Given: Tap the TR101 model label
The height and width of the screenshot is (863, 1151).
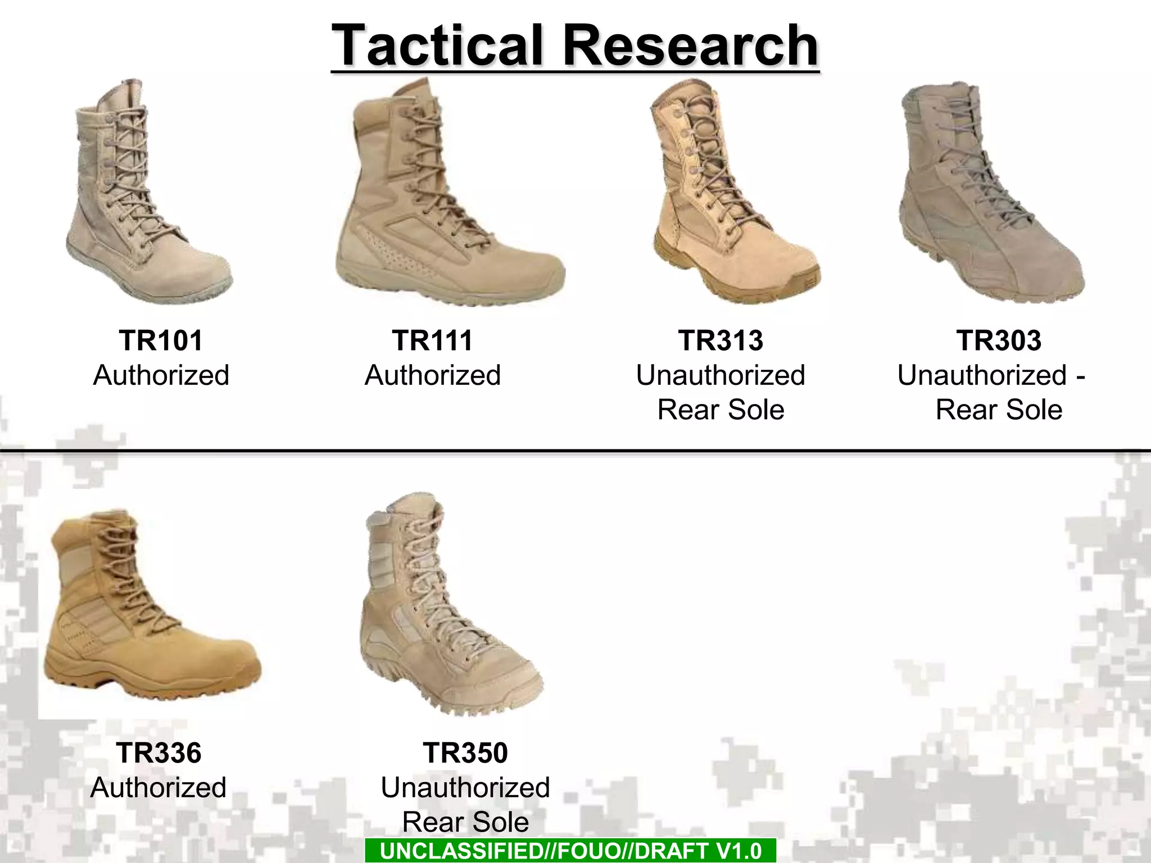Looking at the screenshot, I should click(x=161, y=340).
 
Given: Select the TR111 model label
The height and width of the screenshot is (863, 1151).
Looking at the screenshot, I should click(x=432, y=340).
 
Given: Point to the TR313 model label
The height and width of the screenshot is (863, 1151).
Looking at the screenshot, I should click(x=720, y=340).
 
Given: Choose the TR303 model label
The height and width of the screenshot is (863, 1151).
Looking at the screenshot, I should click(x=999, y=340).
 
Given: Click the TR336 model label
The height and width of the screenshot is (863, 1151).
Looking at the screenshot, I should click(x=158, y=753).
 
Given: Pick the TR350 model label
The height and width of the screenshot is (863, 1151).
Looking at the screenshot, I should click(x=465, y=753).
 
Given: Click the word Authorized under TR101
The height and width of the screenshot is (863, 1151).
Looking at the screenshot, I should click(x=161, y=375).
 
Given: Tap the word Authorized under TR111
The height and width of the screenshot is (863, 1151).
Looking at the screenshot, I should click(x=432, y=375).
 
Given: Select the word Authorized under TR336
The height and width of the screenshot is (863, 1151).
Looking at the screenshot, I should click(x=158, y=788).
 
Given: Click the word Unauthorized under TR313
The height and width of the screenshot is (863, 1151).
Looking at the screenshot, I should click(x=720, y=375).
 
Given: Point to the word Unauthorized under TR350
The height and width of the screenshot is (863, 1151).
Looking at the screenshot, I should click(x=465, y=788).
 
